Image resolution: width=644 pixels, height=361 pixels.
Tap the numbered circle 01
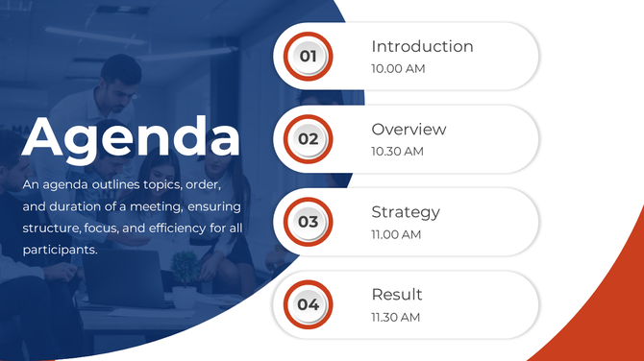click(308, 57)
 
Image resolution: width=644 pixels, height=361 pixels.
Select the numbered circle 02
click(308, 138)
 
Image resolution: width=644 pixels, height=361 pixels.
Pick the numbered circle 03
click(308, 222)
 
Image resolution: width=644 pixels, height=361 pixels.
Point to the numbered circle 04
click(308, 304)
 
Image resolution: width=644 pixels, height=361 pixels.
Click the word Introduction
click(422, 46)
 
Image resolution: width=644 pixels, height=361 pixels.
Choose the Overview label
click(409, 130)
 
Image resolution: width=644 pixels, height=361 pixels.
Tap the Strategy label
click(406, 212)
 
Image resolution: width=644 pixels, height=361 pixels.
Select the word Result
click(397, 295)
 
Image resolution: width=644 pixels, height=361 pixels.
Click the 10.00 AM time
click(398, 69)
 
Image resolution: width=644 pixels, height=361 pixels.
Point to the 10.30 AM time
click(397, 152)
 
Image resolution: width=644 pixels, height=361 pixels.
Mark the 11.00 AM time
click(396, 234)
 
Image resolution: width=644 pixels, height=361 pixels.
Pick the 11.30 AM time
click(396, 317)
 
